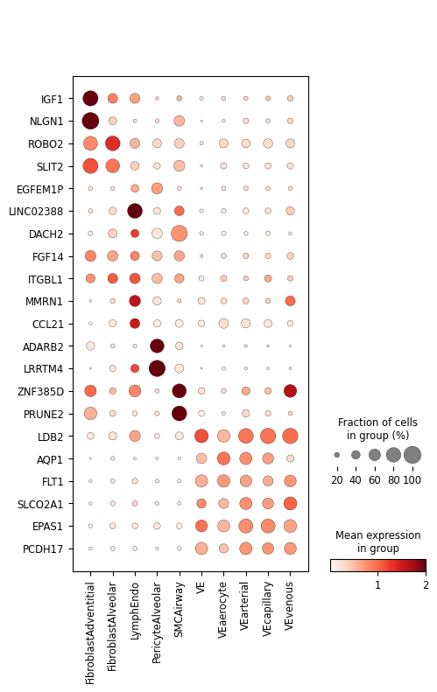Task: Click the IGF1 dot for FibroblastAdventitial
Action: pos(90,98)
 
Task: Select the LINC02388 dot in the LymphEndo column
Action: pos(135,211)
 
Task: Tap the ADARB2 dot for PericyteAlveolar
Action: pos(157,346)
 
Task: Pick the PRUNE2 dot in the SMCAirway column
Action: pos(179,414)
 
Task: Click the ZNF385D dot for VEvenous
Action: pos(290,391)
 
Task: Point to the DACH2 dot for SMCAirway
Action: pos(179,234)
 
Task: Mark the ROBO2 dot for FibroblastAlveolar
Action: pos(113,143)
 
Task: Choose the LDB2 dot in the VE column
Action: pos(201,436)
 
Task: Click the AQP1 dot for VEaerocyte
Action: pos(223,458)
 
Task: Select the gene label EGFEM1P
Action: pos(39,189)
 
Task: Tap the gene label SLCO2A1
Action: pos(40,504)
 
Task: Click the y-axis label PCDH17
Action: pos(43,549)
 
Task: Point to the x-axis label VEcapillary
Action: pos(267,610)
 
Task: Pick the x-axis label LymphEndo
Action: pos(135,612)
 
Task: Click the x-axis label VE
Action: pos(201,588)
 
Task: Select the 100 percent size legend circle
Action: pos(412,455)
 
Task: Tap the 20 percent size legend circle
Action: pos(337,455)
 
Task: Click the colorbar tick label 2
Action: pos(426,585)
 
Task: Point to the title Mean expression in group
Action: pos(377,542)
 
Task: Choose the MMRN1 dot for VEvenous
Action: pos(290,301)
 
